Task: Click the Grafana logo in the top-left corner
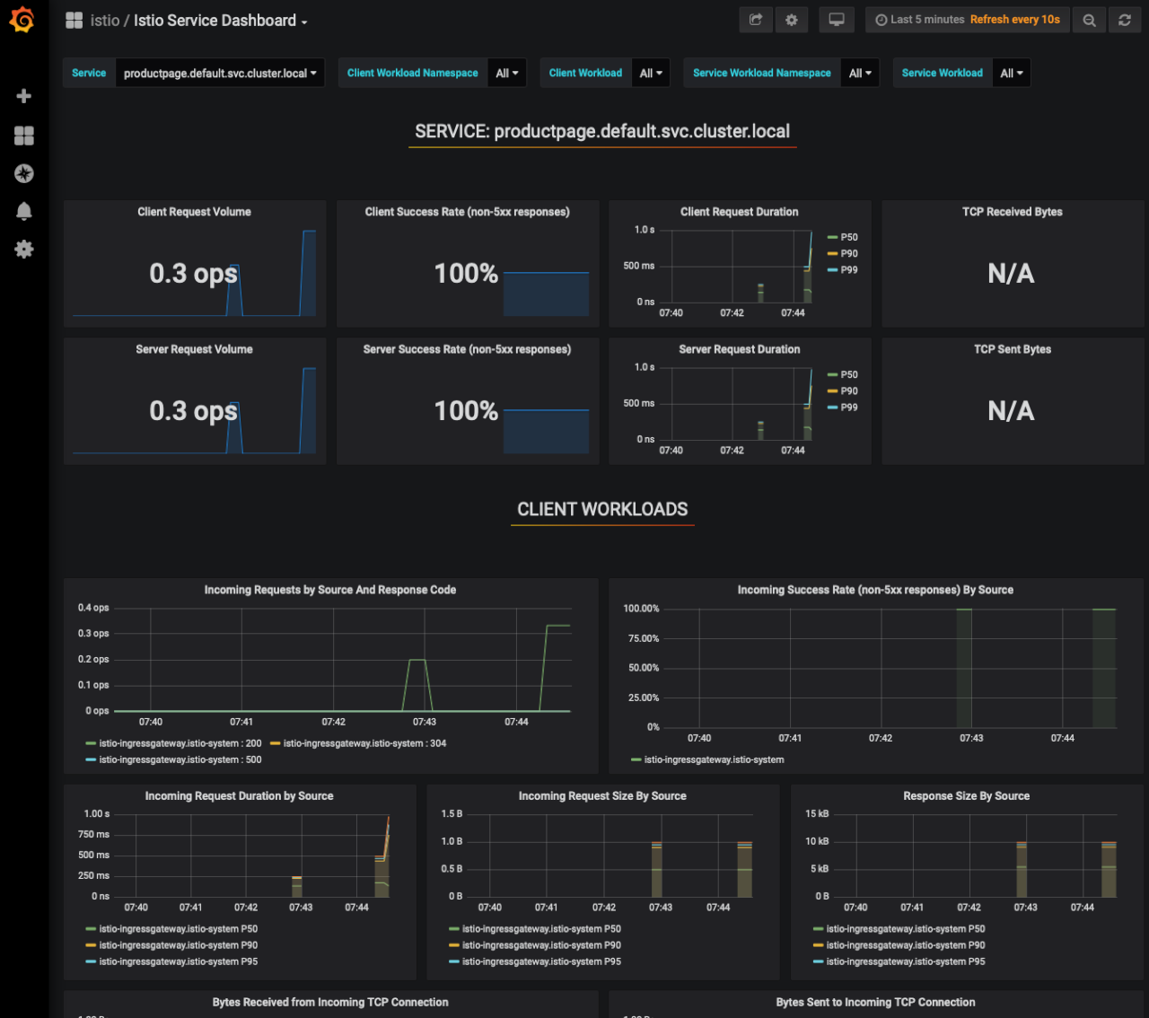22,20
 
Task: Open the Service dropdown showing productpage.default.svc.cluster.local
220,74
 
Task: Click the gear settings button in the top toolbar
791,20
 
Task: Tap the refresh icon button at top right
1124,20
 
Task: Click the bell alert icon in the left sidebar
24,211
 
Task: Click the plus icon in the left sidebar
24,96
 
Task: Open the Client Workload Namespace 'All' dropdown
507,74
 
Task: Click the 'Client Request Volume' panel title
194,212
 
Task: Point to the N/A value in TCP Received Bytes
1011,274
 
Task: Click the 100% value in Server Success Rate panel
466,411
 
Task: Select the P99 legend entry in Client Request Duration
848,270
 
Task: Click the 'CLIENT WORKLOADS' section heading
602,510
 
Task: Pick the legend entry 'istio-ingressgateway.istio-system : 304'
364,743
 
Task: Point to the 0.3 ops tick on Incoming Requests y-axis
93,634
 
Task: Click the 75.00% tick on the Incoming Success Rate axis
641,638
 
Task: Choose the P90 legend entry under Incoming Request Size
540,945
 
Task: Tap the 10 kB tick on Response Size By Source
817,841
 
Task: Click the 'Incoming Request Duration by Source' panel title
239,796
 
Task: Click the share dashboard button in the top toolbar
756,20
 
